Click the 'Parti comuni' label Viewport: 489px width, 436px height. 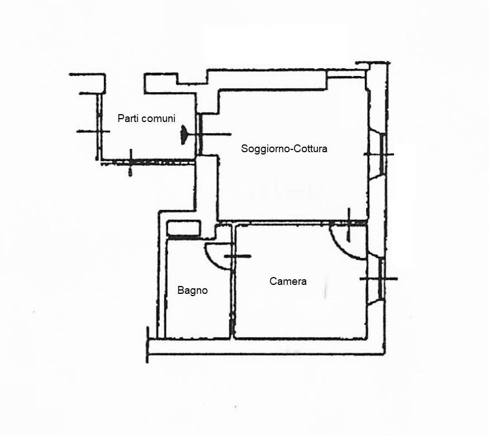pos(146,118)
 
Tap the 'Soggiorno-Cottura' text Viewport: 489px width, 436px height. pos(284,148)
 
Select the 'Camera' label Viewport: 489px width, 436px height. pos(288,281)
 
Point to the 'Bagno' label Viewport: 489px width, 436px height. pos(192,290)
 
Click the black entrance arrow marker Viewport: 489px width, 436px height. pos(184,135)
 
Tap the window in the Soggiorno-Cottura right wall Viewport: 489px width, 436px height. pos(382,154)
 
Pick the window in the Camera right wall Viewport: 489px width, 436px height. pos(381,279)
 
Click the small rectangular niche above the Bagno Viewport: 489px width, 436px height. pos(183,228)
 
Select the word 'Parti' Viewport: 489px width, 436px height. pos(126,118)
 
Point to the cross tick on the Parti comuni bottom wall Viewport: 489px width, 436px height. pos(131,162)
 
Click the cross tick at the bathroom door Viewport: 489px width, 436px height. pos(238,256)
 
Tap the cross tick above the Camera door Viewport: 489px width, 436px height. pos(349,224)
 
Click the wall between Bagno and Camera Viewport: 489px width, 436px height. pos(232,281)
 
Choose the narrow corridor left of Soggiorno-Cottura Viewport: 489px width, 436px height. pos(206,194)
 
